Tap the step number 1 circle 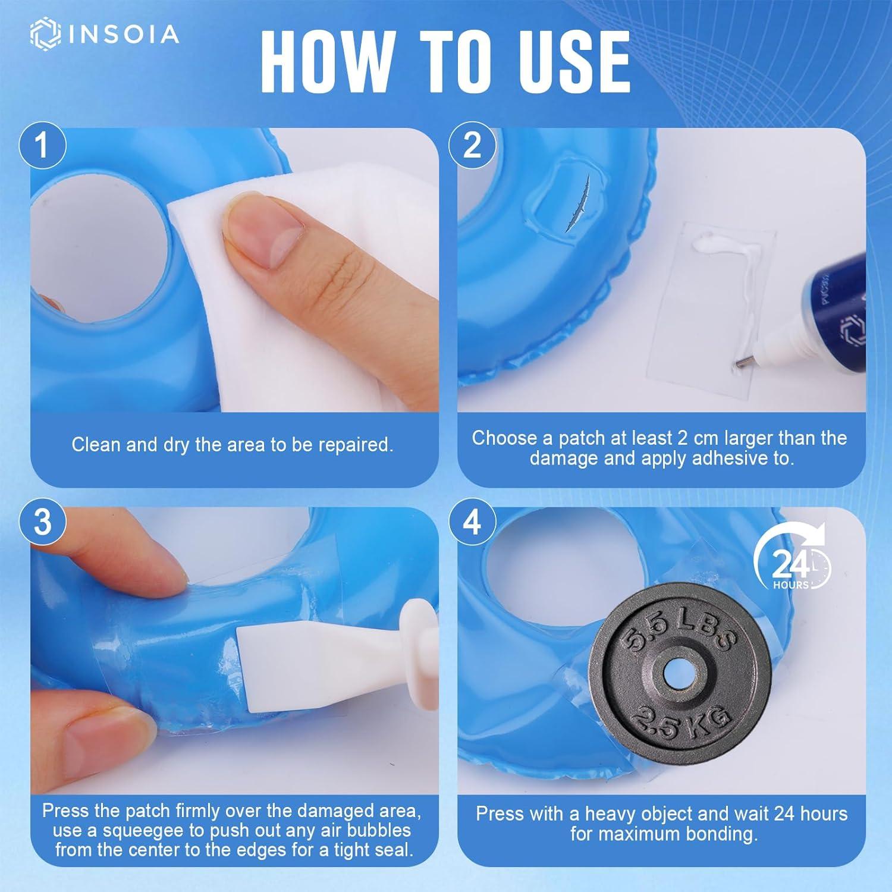coord(42,145)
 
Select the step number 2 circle coord(472,145)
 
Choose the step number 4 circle coord(472,522)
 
